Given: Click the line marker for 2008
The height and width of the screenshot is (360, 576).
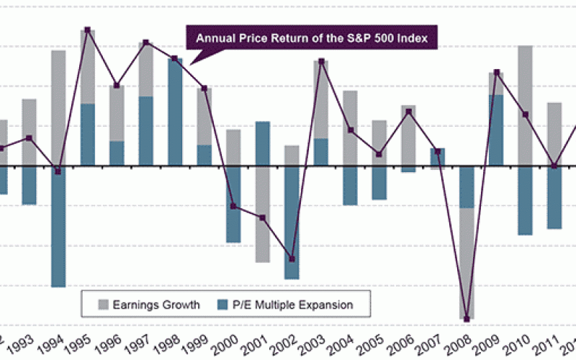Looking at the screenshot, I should pos(467,318).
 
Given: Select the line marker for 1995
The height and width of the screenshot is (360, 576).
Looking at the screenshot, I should pos(88,30).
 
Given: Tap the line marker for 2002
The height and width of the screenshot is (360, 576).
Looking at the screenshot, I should pos(292,259).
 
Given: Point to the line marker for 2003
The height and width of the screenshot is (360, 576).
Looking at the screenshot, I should pos(321,61).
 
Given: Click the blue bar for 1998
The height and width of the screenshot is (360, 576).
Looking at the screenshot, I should pos(175,112).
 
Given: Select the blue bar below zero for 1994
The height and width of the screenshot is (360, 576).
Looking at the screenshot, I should pos(58,227).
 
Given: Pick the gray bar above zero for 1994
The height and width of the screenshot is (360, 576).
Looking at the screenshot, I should pos(58,108).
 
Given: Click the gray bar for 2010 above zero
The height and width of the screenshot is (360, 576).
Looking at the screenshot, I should pos(526,105).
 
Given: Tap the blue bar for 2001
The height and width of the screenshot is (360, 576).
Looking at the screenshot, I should pos(263,144).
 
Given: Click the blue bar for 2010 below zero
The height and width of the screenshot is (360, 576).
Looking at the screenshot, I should pos(526,201).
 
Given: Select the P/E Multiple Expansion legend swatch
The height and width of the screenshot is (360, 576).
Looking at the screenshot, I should pos(221,305).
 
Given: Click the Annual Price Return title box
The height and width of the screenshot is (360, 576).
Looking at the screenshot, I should pos(312,38).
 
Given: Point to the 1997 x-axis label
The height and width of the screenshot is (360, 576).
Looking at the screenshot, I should pos(145,343).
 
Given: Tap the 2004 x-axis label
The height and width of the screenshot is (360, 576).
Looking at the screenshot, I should pos(349,343).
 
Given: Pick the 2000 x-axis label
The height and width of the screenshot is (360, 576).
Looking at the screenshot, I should pos(233,343).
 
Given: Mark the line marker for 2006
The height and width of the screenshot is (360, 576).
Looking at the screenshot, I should pos(409,112).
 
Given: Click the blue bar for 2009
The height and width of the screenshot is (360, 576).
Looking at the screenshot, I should pos(496,130).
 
